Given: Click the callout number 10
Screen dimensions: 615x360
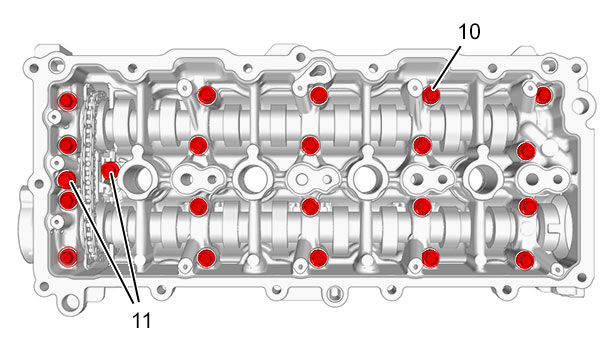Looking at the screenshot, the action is [469, 31].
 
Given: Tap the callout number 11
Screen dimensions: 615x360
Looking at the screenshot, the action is [142, 321].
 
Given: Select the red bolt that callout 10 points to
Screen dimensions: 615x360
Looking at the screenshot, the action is [431, 95].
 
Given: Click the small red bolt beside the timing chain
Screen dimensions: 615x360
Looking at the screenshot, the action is [110, 170].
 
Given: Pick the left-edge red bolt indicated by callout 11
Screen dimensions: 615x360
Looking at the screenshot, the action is [67, 180].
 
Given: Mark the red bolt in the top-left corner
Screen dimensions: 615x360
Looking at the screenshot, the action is [68, 101].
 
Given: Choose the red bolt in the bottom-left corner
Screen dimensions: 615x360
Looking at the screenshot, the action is [68, 257].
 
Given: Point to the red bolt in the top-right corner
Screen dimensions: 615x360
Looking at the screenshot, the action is [543, 95].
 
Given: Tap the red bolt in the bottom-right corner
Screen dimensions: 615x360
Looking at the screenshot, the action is [524, 260].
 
